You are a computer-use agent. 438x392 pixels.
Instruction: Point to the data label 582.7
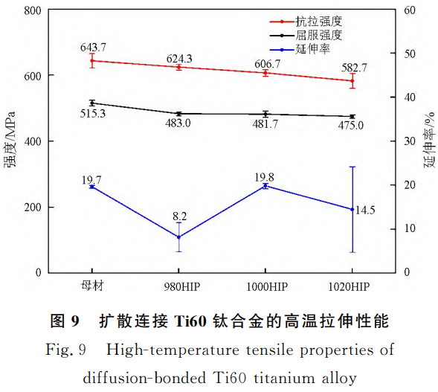[x=355, y=68]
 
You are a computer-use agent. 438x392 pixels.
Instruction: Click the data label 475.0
[x=350, y=125]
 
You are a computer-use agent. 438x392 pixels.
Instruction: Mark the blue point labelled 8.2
[x=178, y=237]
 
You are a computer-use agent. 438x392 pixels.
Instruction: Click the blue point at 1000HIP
[x=265, y=186]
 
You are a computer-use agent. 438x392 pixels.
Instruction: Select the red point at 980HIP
[x=178, y=67]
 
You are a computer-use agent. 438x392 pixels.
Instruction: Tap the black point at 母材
[x=92, y=103]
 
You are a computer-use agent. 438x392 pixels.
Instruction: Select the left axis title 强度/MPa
[x=11, y=141]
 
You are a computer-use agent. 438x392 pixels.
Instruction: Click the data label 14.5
[x=365, y=211]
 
